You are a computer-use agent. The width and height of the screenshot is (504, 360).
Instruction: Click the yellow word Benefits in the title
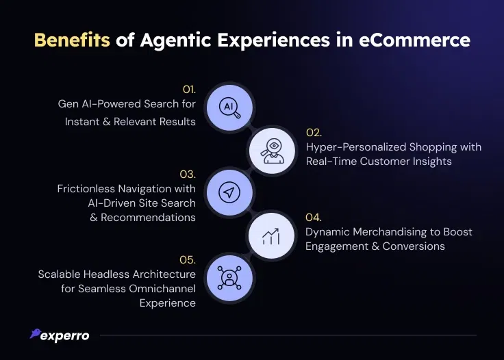click(72, 40)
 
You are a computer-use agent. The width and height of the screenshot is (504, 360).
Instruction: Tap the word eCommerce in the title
click(414, 40)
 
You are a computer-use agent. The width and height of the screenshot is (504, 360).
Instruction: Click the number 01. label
click(189, 90)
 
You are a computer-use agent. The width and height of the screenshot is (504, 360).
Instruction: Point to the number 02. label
click(314, 133)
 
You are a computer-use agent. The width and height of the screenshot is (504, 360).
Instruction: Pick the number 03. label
click(188, 175)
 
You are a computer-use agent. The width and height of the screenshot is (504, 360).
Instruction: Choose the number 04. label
click(314, 218)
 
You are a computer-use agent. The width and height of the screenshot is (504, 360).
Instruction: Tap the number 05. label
click(188, 260)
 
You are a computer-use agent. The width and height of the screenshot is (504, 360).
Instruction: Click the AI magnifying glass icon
click(229, 107)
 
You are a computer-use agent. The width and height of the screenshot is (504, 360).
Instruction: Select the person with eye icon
click(273, 151)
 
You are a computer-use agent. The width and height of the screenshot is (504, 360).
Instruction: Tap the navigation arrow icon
click(229, 192)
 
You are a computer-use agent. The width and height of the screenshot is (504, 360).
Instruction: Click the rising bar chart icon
click(271, 236)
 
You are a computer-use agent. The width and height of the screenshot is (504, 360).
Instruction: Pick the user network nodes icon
click(229, 278)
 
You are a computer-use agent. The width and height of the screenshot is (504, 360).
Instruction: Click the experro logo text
click(65, 336)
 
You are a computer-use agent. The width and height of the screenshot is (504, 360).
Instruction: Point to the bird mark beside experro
click(36, 333)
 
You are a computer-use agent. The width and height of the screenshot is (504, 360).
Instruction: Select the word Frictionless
click(86, 188)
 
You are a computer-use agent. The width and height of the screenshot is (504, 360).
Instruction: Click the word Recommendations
click(148, 218)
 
